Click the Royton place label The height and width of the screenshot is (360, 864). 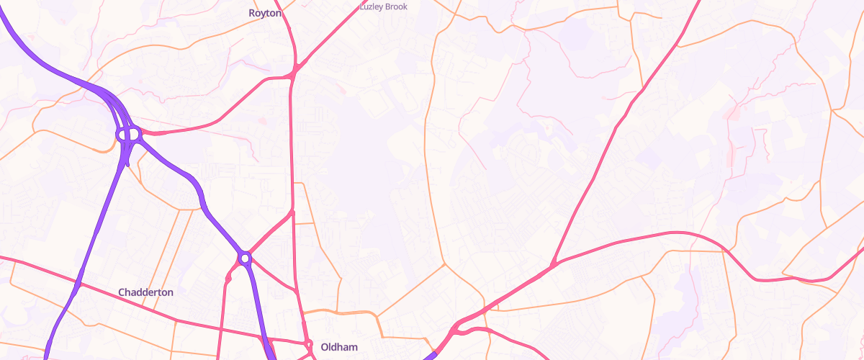[264, 13]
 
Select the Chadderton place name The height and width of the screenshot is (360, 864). [145, 292]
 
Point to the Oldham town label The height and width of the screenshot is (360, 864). [338, 347]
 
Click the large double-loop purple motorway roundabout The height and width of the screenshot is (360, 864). [128, 134]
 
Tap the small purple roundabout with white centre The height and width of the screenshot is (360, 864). [245, 257]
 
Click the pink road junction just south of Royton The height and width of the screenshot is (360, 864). [294, 71]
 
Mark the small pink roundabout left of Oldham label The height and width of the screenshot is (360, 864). [309, 345]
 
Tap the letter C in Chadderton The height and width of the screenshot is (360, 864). [122, 292]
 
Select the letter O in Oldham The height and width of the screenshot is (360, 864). [325, 347]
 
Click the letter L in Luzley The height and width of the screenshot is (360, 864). [361, 6]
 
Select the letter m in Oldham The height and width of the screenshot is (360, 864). [354, 347]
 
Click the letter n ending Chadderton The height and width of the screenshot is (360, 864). [170, 293]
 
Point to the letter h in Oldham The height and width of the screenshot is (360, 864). [340, 347]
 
